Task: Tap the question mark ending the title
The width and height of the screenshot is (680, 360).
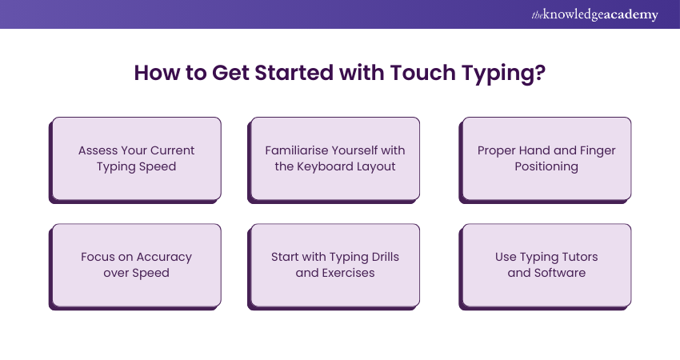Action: click(541, 74)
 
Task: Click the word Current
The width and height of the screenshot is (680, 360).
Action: click(173, 150)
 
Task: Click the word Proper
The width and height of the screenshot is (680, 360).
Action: click(498, 150)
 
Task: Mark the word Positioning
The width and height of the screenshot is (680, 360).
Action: click(546, 166)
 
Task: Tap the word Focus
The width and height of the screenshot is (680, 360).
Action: click(98, 257)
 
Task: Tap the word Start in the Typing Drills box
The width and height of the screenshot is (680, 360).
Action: click(286, 257)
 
